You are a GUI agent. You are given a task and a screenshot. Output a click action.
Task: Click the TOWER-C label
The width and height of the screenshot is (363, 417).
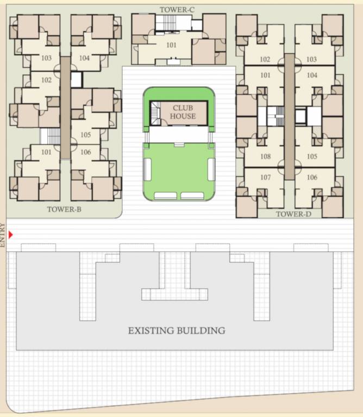tap(177, 9)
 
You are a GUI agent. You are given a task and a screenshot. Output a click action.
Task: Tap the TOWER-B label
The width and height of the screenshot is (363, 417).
tap(64, 209)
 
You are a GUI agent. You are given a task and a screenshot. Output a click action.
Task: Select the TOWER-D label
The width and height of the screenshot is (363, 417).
tap(293, 214)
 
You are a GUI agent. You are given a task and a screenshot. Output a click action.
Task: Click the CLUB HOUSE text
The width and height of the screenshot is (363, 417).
tap(183, 112)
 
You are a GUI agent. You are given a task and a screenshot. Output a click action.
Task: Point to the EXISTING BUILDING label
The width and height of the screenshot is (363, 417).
tap(177, 330)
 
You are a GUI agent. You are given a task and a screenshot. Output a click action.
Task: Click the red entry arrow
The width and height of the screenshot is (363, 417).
tap(10, 235)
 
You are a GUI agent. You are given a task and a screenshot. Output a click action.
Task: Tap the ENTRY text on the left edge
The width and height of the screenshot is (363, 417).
tap(3, 235)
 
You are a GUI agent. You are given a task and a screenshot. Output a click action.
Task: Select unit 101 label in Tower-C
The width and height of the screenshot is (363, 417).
tap(171, 45)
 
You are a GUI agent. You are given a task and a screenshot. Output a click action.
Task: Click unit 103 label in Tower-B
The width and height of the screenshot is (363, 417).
tap(46, 58)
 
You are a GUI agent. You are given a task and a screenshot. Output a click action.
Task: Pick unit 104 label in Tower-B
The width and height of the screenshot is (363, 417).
tap(84, 58)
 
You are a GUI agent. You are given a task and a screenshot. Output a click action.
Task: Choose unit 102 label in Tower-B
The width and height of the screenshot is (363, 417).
tap(46, 80)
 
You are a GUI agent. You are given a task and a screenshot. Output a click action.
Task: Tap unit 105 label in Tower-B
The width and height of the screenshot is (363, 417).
tap(85, 135)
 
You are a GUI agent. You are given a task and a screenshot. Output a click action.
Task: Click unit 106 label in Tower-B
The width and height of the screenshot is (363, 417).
tap(85, 153)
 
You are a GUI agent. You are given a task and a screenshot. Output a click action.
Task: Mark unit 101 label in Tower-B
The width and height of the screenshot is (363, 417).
tap(46, 152)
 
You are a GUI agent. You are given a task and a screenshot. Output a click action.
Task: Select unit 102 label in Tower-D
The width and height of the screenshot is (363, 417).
tap(265, 60)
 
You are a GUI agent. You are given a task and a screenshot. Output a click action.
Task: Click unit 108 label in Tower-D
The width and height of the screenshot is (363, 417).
tap(265, 157)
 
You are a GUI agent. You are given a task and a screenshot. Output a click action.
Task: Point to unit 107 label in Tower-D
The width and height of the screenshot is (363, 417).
tap(265, 178)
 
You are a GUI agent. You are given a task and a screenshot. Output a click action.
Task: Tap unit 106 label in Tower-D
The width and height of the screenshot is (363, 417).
tap(312, 178)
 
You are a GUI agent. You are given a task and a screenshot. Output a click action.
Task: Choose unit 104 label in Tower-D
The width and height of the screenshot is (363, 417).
tap(312, 75)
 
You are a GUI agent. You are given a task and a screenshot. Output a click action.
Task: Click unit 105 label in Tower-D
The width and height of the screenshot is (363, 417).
tap(312, 157)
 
